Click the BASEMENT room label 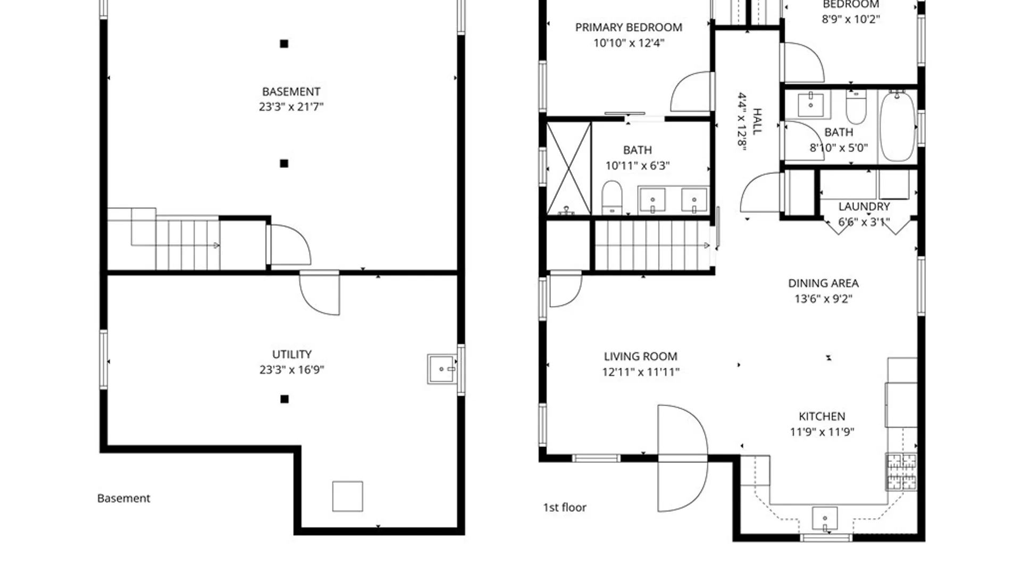click(x=291, y=91)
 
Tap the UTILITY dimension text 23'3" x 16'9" click(x=291, y=369)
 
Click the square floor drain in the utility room click(x=348, y=496)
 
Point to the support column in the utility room click(x=284, y=399)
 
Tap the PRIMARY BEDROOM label click(x=629, y=28)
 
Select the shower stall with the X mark click(x=568, y=168)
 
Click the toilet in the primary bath click(x=612, y=197)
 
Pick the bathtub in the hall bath click(x=897, y=126)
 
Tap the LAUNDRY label click(x=864, y=207)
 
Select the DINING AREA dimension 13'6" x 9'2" click(x=823, y=299)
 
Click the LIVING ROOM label click(x=640, y=357)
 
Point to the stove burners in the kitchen click(x=901, y=471)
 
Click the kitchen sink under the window click(x=825, y=518)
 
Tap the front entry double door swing click(x=682, y=458)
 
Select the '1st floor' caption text click(x=564, y=508)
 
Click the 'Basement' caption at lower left click(x=123, y=499)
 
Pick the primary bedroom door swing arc click(x=690, y=92)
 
